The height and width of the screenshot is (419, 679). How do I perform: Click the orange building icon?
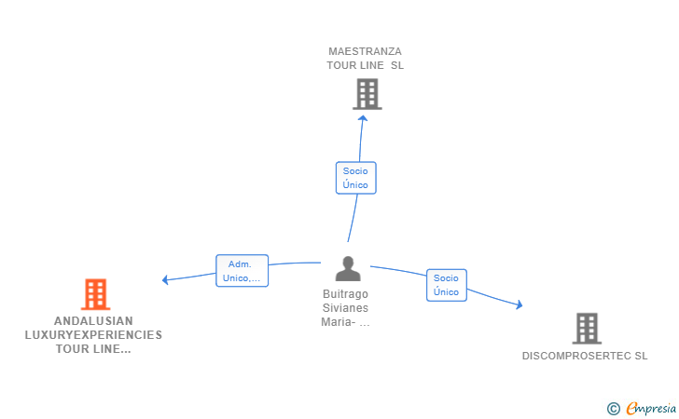(96, 294)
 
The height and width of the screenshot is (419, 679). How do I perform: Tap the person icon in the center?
(348, 268)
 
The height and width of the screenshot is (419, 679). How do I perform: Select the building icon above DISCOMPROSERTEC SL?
(587, 328)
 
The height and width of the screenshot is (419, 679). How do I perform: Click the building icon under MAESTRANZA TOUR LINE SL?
(367, 94)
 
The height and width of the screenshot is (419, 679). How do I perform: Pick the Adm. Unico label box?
(242, 271)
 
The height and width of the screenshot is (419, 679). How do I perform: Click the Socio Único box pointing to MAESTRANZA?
(356, 178)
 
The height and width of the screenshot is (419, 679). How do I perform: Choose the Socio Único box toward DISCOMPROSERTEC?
(447, 285)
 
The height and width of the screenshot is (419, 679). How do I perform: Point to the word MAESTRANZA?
(365, 51)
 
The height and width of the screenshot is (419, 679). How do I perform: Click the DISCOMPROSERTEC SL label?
(585, 356)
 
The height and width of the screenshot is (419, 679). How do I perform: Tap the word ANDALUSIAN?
(93, 321)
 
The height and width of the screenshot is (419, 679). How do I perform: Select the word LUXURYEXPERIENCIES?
(93, 335)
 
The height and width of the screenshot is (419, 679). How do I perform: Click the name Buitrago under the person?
(345, 294)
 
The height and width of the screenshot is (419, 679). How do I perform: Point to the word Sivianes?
(345, 308)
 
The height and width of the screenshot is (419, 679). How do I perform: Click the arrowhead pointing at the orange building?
(165, 280)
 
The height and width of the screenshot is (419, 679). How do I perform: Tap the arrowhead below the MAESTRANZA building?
(363, 118)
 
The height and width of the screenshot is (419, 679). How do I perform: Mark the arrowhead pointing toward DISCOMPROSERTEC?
(520, 304)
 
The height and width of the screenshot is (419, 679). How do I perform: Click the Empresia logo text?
(651, 408)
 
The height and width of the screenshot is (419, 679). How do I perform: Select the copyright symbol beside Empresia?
(613, 409)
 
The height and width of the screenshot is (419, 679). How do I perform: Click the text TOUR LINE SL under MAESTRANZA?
(365, 65)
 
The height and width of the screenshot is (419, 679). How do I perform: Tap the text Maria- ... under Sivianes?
(345, 322)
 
